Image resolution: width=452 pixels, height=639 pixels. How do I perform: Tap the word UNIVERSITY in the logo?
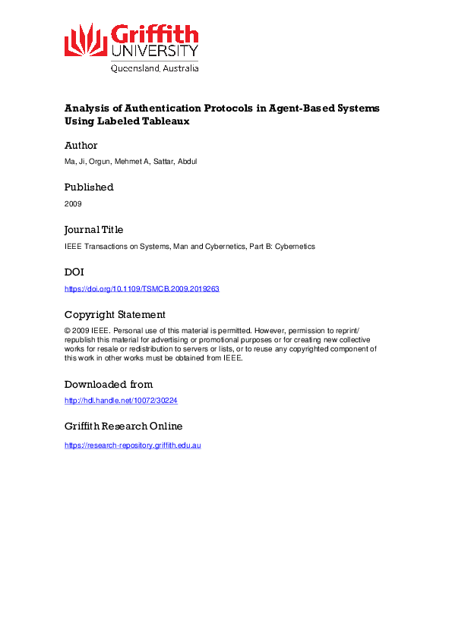(x=155, y=52)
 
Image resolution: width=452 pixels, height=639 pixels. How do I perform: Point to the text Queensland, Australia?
(x=155, y=68)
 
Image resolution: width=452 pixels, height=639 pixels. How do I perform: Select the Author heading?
(x=81, y=145)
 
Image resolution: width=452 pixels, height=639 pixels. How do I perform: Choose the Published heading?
(x=89, y=187)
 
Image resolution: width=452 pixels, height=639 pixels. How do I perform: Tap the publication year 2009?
(x=73, y=204)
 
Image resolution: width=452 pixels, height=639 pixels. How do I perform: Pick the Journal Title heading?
(x=93, y=229)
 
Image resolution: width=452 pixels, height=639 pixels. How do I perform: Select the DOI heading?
(x=75, y=272)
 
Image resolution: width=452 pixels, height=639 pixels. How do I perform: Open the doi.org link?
(x=142, y=289)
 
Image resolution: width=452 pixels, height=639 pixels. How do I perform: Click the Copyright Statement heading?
(x=115, y=314)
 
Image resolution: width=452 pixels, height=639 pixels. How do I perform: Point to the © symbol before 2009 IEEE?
(x=68, y=332)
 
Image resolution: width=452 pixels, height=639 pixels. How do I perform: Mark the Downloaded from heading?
(x=109, y=384)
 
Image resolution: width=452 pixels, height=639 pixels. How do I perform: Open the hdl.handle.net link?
(x=121, y=401)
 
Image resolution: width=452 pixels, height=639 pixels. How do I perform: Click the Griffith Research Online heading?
(x=123, y=427)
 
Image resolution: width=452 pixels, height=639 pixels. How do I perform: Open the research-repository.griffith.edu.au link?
(x=133, y=445)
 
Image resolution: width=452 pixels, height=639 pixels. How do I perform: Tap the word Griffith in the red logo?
(x=155, y=34)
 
